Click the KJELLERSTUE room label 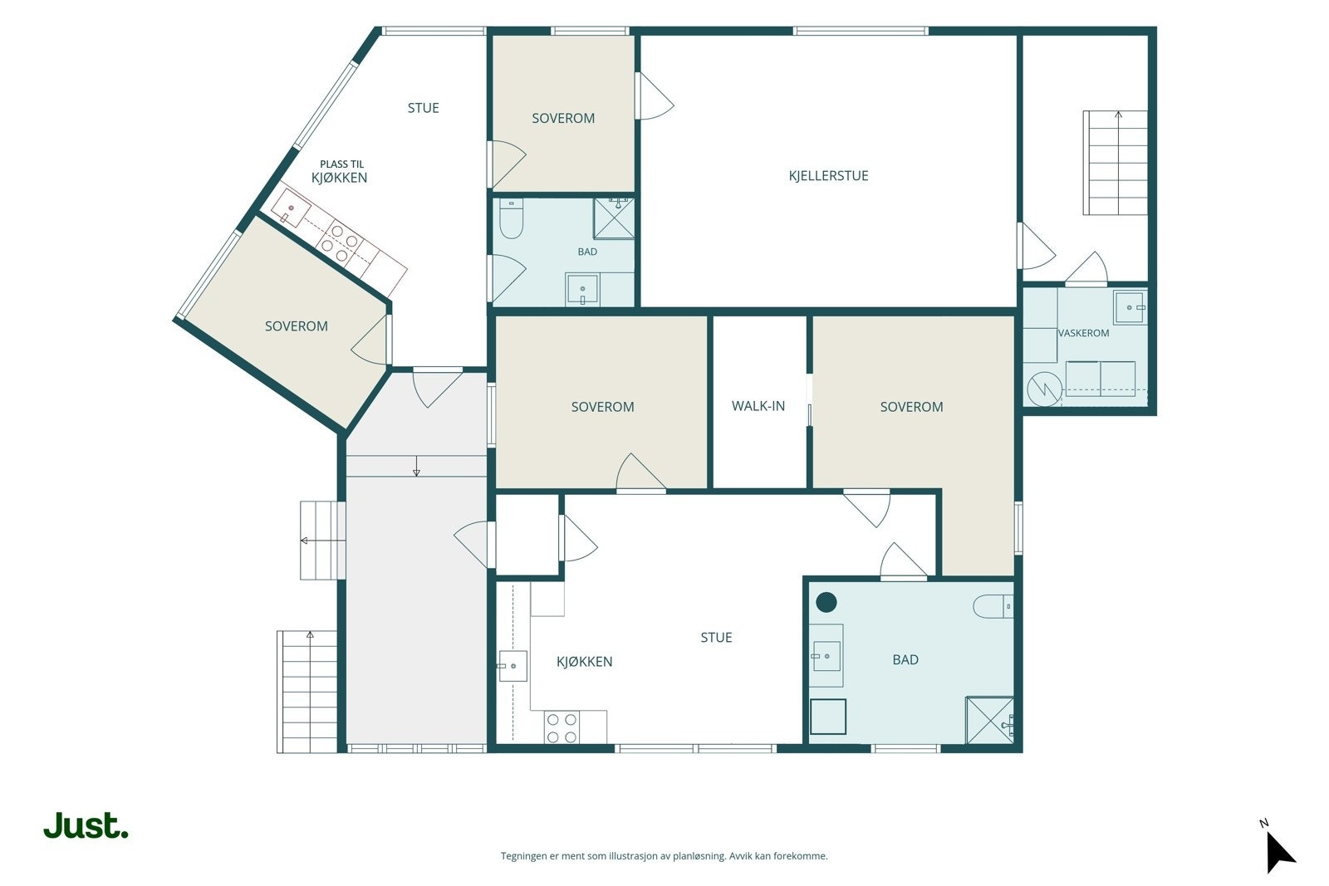pyautogui.click(x=828, y=175)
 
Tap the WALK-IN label pyautogui.click(x=758, y=406)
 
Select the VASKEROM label pyautogui.click(x=1083, y=333)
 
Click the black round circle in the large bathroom pyautogui.click(x=826, y=603)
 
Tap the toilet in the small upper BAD pyautogui.click(x=511, y=218)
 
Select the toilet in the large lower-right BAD pyautogui.click(x=993, y=606)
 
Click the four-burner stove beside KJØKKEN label pyautogui.click(x=562, y=728)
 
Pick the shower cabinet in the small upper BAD pyautogui.click(x=614, y=219)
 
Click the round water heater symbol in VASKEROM pyautogui.click(x=1044, y=389)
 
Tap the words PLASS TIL pyautogui.click(x=341, y=164)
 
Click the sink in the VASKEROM pyautogui.click(x=1129, y=307)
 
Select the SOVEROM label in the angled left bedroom pyautogui.click(x=296, y=326)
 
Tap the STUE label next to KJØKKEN pyautogui.click(x=716, y=638)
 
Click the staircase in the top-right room pyautogui.click(x=1116, y=163)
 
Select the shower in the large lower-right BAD pyautogui.click(x=989, y=721)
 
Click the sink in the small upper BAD pyautogui.click(x=582, y=290)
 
